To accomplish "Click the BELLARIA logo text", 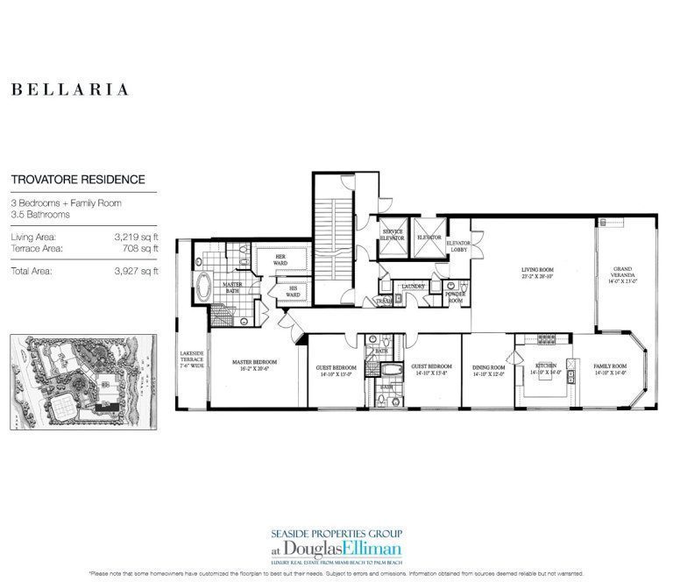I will [x=70, y=89].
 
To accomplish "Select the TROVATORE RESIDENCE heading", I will [x=78, y=180].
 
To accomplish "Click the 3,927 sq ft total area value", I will [x=137, y=271].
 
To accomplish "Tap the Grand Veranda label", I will [x=623, y=273].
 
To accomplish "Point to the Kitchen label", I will [x=546, y=368].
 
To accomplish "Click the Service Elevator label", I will [x=391, y=237].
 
